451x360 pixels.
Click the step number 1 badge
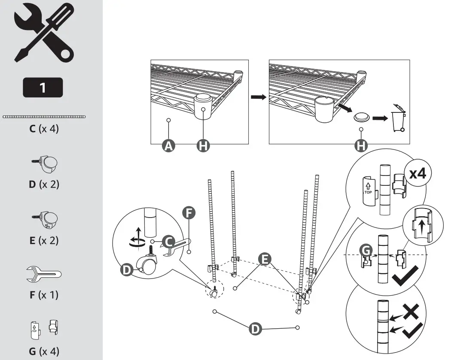click(43, 88)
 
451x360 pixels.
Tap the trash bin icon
click(399, 118)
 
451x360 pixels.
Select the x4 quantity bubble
click(417, 173)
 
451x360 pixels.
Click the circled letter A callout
click(168, 145)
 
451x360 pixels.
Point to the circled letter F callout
click(189, 213)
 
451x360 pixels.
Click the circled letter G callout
click(366, 251)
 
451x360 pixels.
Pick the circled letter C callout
click(168, 241)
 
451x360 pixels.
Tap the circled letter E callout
click(265, 259)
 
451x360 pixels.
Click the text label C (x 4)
click(44, 128)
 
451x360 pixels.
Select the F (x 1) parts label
click(44, 295)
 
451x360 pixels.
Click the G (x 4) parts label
click(44, 351)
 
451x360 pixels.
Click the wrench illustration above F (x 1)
click(44, 274)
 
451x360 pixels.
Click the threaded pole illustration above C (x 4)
click(44, 117)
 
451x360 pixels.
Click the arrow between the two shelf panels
click(259, 97)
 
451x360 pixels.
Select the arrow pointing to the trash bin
click(380, 118)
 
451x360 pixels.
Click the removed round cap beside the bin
click(362, 117)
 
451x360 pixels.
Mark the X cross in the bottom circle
click(411, 311)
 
